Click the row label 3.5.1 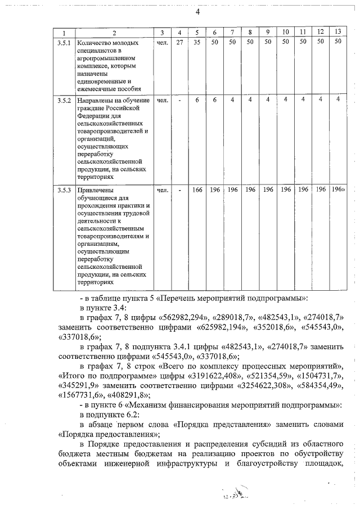pyautogui.click(x=64, y=42)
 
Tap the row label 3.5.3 pyautogui.click(x=64, y=190)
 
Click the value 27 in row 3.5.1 pyautogui.click(x=179, y=42)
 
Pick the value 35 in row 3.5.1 pyautogui.click(x=197, y=42)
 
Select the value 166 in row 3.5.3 pyautogui.click(x=197, y=190)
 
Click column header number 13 pyautogui.click(x=337, y=31)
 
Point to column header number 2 pyautogui.click(x=114, y=31)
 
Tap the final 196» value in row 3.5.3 pyautogui.click(x=339, y=190)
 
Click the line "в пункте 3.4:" pyautogui.click(x=103, y=307)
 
